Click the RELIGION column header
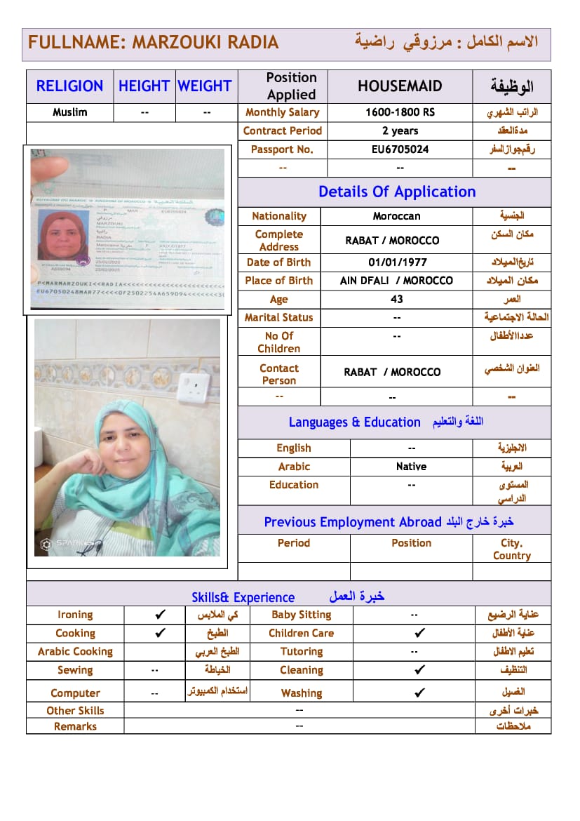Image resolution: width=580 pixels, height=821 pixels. [x=69, y=86]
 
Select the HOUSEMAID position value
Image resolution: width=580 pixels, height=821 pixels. [x=400, y=86]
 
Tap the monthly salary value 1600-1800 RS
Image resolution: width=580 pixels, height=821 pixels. [x=400, y=112]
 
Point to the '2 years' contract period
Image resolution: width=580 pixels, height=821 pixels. [x=400, y=131]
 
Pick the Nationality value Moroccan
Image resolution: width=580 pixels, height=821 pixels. [x=397, y=216]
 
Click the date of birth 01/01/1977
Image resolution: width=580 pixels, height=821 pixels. [x=397, y=262]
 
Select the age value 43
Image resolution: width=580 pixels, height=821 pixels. [x=397, y=299]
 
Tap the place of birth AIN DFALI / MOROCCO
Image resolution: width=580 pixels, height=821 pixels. [x=397, y=281]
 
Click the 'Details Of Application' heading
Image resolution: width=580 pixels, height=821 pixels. [x=397, y=192]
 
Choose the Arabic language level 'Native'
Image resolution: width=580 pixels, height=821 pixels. [x=411, y=467]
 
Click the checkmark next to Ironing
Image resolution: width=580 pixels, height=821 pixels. [x=160, y=615]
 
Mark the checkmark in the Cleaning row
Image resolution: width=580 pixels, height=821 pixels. [x=419, y=670]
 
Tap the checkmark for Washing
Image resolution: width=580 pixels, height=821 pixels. [x=419, y=693]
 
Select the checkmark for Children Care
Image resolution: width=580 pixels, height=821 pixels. [x=419, y=633]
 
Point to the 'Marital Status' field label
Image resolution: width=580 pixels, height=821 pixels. [x=279, y=317]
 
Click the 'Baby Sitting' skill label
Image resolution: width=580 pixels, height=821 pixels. [x=301, y=615]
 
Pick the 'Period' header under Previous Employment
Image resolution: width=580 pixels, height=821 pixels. [x=293, y=543]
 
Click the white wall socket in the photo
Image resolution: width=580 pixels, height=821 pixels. [x=189, y=387]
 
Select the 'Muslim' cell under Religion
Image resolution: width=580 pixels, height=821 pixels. [x=69, y=112]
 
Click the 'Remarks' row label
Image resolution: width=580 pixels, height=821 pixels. [x=75, y=726]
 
